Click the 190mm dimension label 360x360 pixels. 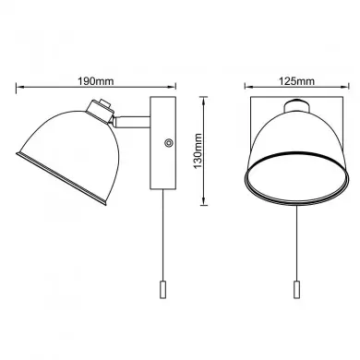[x=95, y=81]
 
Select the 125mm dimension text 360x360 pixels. [x=296, y=81]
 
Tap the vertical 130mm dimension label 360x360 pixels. [x=198, y=150]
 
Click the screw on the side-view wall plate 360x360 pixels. [x=168, y=142]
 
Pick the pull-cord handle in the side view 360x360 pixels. [x=163, y=289]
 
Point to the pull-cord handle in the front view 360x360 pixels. [x=296, y=289]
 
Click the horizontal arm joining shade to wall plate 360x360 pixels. [x=132, y=122]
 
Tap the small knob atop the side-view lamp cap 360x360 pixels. [x=104, y=102]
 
